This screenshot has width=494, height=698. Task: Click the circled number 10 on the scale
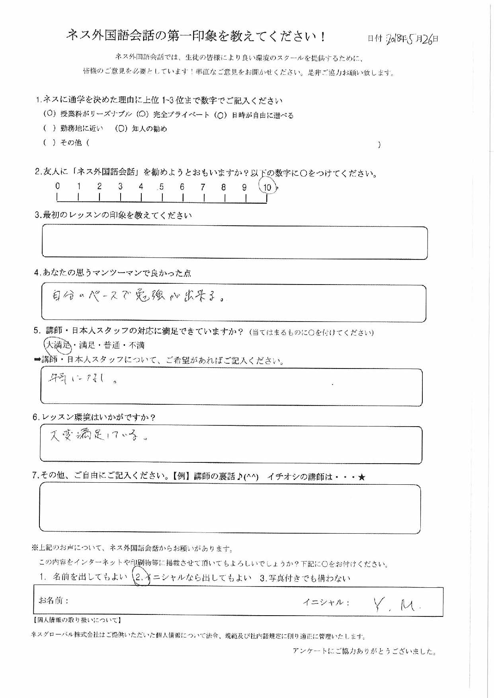coord(268,187)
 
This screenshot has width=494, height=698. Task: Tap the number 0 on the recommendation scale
coord(58,186)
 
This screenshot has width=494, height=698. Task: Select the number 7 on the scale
coord(203,187)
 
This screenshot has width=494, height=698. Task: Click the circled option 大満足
coord(57,345)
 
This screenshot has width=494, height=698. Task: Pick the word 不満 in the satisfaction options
coord(137,345)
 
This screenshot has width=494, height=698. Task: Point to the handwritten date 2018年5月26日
coord(412,39)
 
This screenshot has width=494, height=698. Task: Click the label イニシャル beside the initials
coord(326,602)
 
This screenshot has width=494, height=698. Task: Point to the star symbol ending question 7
coord(361,477)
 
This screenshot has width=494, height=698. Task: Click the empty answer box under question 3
coord(234,242)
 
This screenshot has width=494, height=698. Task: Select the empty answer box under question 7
coord(230,509)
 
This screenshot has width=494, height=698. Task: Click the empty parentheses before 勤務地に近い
coord(49,129)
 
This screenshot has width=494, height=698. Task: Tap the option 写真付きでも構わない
coord(305,578)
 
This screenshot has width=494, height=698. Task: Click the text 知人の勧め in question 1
coord(149,129)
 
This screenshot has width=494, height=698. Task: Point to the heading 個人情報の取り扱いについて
coord(76,620)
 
